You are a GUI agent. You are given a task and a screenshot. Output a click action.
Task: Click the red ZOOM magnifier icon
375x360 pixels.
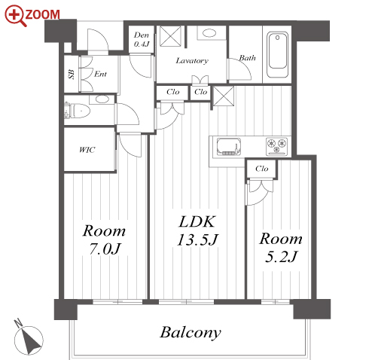[15, 16]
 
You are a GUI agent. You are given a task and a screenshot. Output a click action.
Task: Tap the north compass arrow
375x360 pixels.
[32, 340]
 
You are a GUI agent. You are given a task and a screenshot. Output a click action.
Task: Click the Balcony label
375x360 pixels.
[191, 333]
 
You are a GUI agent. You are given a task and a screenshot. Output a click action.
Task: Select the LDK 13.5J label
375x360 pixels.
[197, 230]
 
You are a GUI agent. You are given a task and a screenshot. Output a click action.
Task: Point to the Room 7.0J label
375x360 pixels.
[104, 239]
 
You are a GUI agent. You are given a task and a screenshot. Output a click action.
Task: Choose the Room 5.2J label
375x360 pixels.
[281, 247]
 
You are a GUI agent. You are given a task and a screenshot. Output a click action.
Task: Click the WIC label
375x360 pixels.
[87, 150]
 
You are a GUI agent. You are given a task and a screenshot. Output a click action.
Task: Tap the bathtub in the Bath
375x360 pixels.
[277, 54]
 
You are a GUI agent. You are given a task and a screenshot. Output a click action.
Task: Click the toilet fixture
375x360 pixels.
[78, 111]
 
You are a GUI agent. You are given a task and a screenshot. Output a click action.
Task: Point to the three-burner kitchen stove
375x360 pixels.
[277, 146]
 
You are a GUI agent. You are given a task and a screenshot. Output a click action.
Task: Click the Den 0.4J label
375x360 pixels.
[142, 39]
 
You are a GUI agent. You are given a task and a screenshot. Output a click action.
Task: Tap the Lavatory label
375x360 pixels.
[192, 61]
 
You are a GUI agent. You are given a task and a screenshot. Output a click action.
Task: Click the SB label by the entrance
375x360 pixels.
[72, 75]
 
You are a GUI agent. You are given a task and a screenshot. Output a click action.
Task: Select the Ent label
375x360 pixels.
[100, 74]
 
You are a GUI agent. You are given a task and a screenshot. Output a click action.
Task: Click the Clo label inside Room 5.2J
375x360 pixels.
[262, 169]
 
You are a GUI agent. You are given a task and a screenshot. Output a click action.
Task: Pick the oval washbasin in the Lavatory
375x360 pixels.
[209, 33]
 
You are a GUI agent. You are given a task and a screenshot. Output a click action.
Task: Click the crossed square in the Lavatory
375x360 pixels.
[170, 36]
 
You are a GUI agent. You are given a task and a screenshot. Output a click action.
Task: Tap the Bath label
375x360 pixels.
[247, 58]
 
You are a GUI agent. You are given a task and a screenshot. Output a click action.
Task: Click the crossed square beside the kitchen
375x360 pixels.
[224, 96]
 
